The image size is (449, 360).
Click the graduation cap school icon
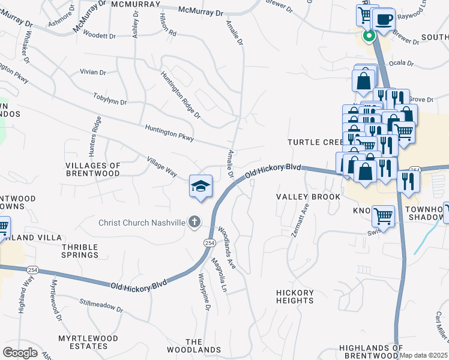point(201,186)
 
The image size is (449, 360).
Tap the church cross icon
point(194,223)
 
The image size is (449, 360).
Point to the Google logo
point(20,353)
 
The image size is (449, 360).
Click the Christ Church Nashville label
point(142,223)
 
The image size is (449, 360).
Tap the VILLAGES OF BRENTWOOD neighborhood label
point(93,169)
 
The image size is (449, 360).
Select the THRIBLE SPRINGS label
point(80,250)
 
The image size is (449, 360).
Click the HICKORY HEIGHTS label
point(295,296)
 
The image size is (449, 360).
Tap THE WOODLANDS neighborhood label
point(203,346)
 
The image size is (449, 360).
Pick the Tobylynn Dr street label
point(110,98)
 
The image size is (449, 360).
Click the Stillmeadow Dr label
point(101,306)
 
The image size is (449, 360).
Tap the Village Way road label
point(162,167)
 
